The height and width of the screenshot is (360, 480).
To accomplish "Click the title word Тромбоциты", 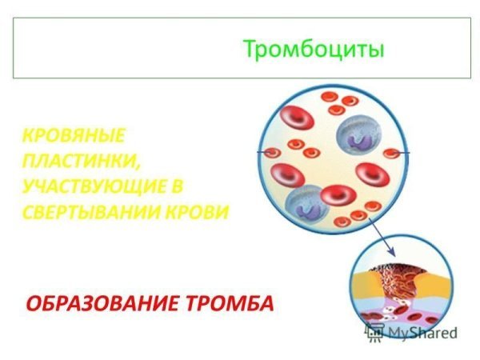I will coord(314,49).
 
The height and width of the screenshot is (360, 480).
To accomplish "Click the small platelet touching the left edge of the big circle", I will coord(270,152).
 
